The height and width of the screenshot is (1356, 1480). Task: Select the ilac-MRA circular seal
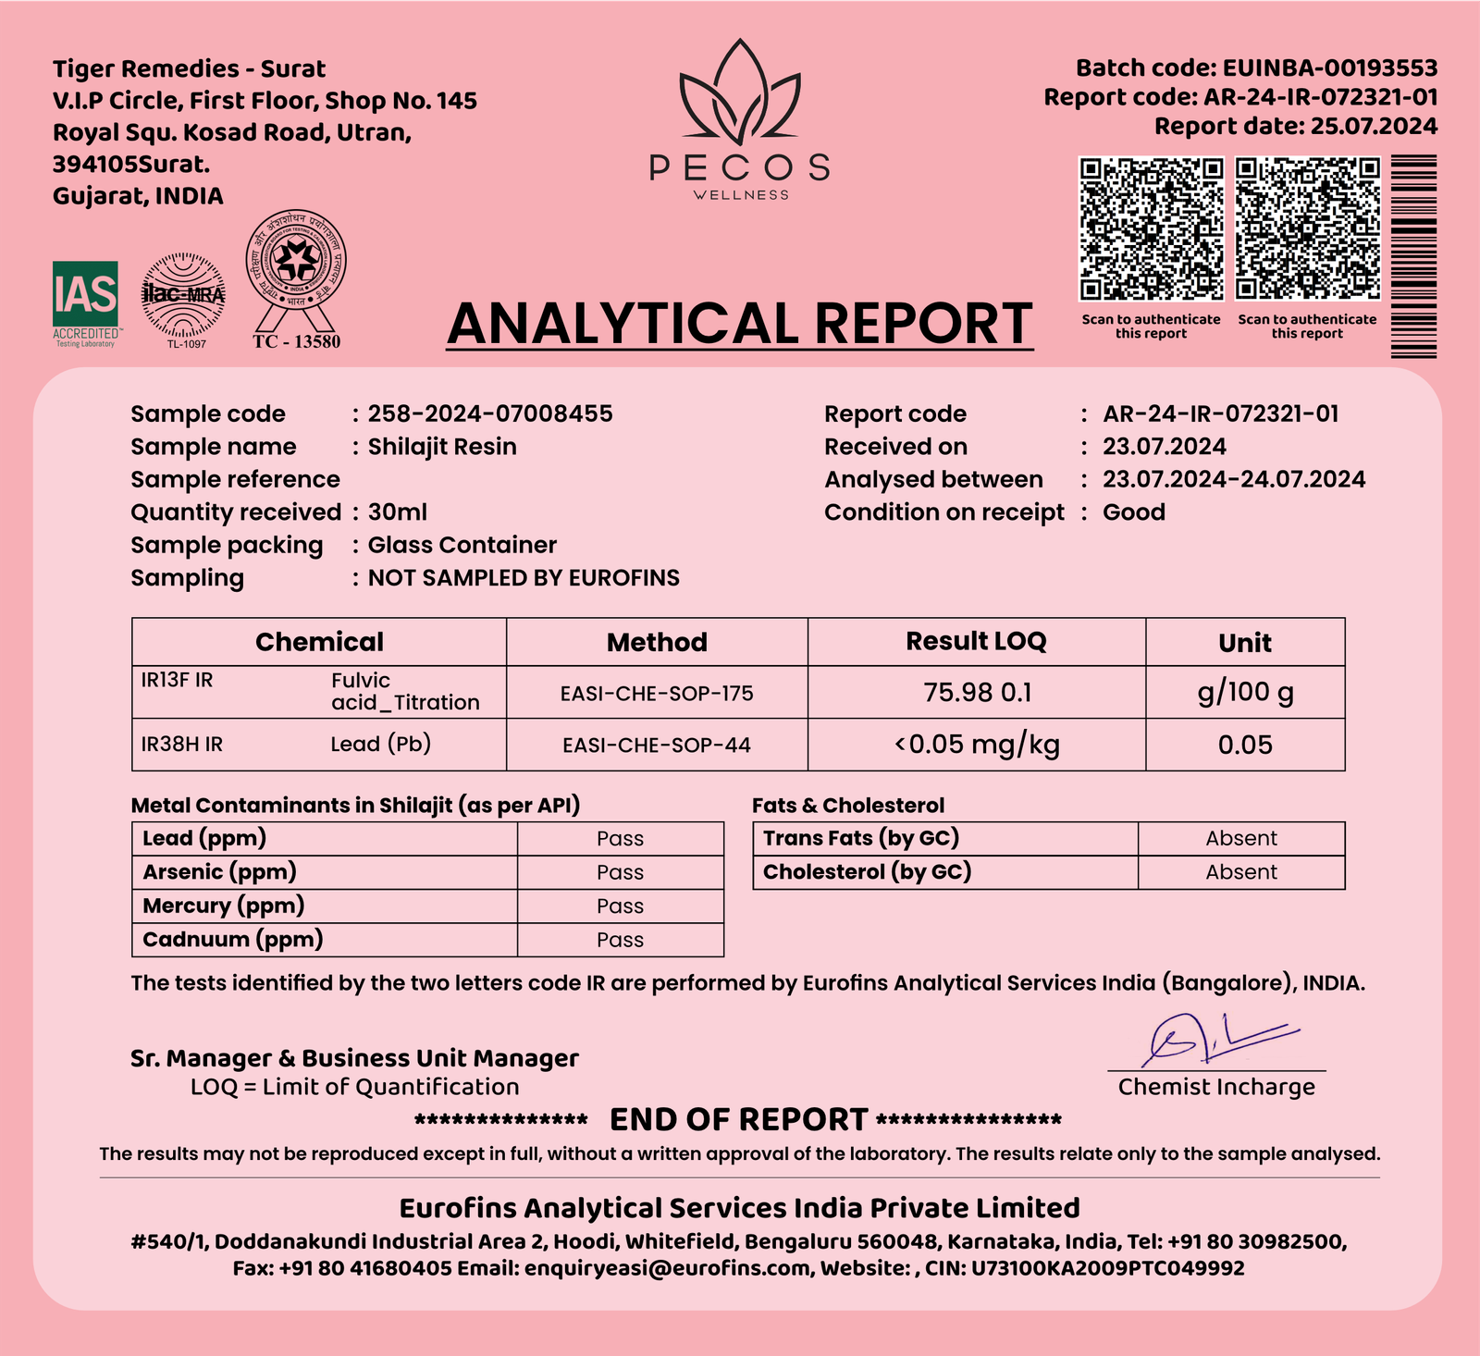coord(183,296)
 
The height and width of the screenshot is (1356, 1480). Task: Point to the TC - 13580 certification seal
coord(296,277)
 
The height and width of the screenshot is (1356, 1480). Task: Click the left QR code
coord(1151,228)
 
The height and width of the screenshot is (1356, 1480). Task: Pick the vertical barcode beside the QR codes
coord(1413,256)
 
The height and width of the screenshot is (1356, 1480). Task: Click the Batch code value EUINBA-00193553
coord(1329,68)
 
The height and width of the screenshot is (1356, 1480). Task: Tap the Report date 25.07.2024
coord(1374,127)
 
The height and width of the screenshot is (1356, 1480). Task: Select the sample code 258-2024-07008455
coord(490,413)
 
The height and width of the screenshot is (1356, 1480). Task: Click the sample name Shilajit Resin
coord(442,447)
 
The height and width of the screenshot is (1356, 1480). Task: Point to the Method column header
coord(657,642)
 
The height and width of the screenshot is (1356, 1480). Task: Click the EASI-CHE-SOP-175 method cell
coord(657,693)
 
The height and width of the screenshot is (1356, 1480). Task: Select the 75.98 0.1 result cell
coord(977,692)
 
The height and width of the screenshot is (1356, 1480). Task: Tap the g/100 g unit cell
coord(1245,692)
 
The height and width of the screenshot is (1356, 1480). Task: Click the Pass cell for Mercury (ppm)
coord(620,906)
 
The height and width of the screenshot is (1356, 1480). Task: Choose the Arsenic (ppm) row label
coord(220,872)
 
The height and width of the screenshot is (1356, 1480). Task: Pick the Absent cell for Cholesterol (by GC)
coord(1240,872)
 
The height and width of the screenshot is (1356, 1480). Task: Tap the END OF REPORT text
coord(738,1120)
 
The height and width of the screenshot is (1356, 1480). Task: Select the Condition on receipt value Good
coord(1133,512)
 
